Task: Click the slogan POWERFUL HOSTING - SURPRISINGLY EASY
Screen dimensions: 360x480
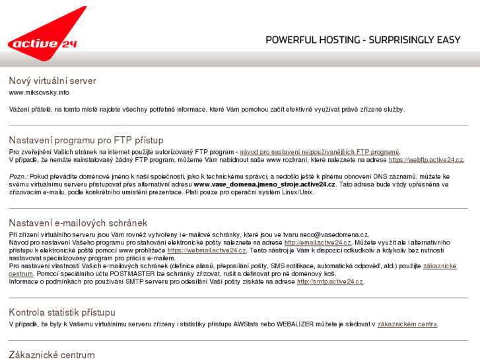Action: (362, 40)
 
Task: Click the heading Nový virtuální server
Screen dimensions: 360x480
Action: (52, 81)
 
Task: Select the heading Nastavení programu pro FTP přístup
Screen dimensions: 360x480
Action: (86, 140)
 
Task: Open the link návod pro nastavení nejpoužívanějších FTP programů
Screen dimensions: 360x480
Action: (320, 152)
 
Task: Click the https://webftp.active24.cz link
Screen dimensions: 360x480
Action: (426, 160)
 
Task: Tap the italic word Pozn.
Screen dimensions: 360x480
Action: (18, 176)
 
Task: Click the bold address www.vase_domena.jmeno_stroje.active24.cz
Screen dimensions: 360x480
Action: (264, 184)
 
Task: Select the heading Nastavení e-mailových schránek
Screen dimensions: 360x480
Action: (78, 223)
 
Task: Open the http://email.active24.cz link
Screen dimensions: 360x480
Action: (318, 243)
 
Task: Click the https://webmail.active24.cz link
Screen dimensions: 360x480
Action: (207, 251)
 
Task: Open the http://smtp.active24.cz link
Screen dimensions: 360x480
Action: (329, 281)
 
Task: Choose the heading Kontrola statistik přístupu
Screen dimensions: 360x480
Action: (62, 312)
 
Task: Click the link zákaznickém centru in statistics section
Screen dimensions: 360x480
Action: (407, 324)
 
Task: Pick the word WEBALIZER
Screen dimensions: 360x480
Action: (298, 324)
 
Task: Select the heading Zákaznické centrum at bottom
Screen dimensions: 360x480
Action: (51, 355)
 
